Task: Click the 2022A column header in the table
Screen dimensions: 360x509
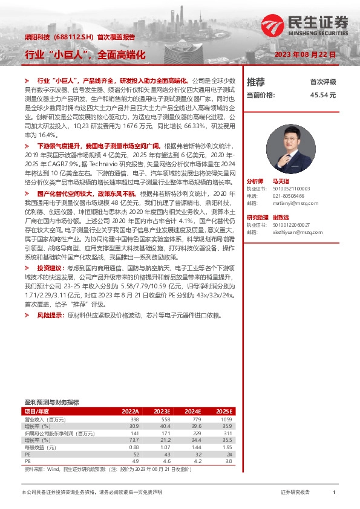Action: click(x=130, y=411)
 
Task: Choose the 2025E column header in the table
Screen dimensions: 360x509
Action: click(x=224, y=411)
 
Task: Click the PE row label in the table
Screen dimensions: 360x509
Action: click(x=27, y=453)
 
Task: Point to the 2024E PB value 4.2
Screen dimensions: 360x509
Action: click(x=197, y=461)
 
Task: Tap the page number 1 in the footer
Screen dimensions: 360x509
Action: click(x=334, y=493)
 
